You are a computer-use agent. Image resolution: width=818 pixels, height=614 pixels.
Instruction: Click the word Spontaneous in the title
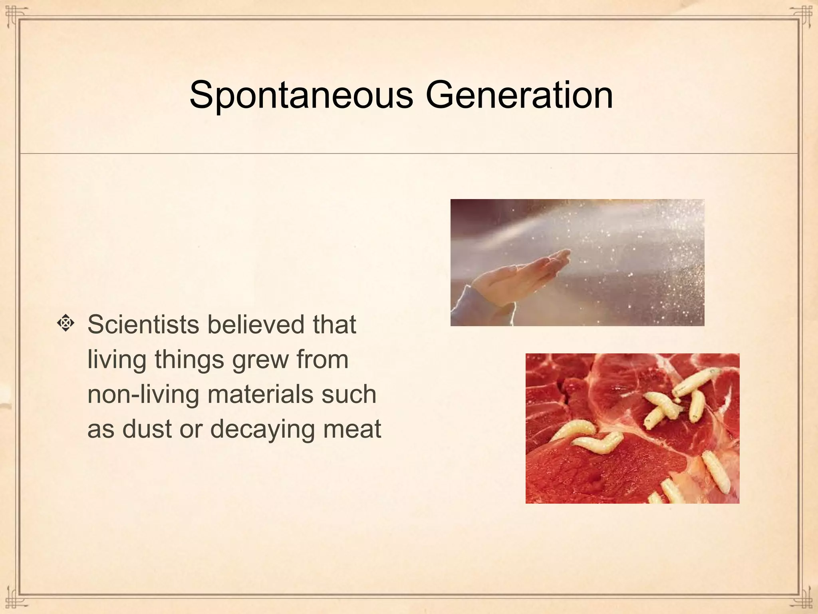pyautogui.click(x=301, y=95)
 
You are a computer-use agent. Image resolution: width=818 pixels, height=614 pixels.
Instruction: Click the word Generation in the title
pyautogui.click(x=519, y=95)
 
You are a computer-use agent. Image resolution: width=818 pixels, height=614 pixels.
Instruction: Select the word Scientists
pyautogui.click(x=143, y=324)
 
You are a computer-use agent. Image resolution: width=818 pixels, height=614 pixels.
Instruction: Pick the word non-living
pyautogui.click(x=143, y=394)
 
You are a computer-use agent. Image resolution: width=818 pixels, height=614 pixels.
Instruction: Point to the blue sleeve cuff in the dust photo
pyautogui.click(x=463, y=304)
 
